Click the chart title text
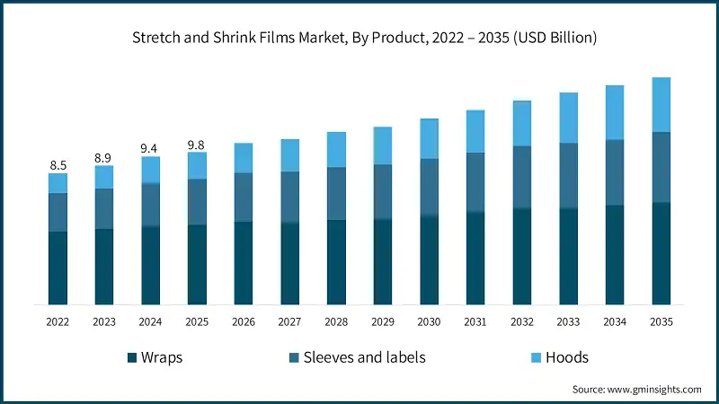pos(359,38)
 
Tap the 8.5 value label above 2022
pos(58,164)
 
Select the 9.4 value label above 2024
pos(150,148)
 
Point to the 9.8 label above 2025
pos(197,144)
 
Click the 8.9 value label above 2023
pos(104,157)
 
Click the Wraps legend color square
pos(132,357)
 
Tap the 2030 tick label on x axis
pos(429,321)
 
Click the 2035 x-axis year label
pos(661,321)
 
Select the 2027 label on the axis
pos(289,321)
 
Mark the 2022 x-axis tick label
pos(58,321)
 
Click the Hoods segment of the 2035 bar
pos(661,104)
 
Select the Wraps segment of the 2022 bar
pos(58,268)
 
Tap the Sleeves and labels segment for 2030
pos(429,187)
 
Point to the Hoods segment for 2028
pos(336,149)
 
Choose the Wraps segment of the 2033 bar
pos(568,256)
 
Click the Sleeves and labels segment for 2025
pos(197,201)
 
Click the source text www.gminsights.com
pos(637,390)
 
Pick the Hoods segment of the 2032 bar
pos(521,123)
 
